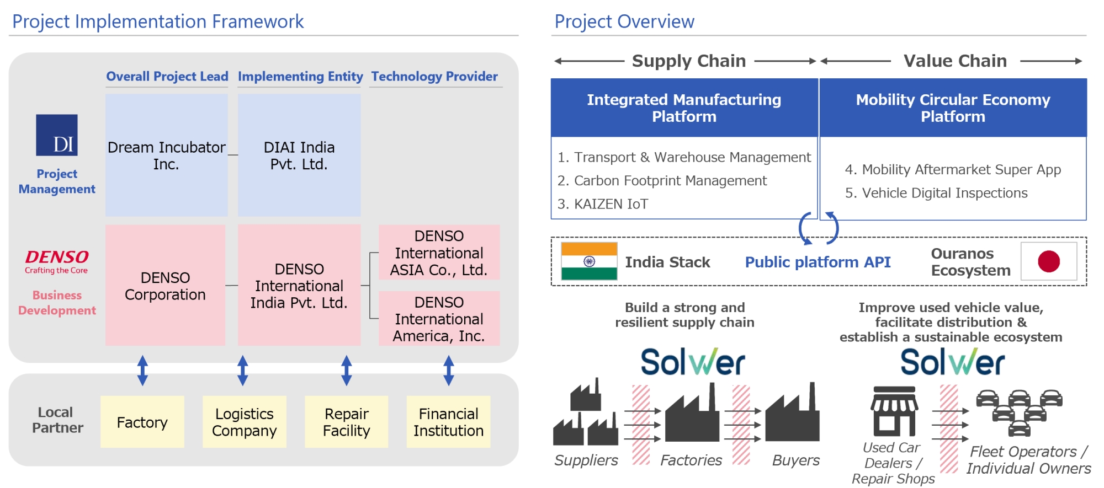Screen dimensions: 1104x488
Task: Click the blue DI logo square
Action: click(57, 135)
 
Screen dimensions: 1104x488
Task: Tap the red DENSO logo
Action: click(57, 261)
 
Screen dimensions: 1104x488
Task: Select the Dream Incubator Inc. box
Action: click(167, 155)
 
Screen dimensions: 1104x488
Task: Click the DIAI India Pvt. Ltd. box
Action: click(299, 155)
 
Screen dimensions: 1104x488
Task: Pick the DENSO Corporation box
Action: click(165, 285)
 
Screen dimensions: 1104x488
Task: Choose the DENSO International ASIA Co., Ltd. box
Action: click(439, 252)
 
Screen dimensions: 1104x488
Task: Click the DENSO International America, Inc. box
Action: click(439, 319)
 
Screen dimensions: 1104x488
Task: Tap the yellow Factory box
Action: click(142, 422)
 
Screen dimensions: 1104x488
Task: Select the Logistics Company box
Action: click(245, 422)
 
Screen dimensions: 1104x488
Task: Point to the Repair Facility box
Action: click(347, 422)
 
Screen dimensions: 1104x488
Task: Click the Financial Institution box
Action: click(449, 422)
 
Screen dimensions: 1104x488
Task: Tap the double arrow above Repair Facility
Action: click(347, 371)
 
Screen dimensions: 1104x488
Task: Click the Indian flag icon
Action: click(589, 261)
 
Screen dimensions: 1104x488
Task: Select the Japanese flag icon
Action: click(1049, 261)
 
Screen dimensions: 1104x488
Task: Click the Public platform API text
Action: click(818, 262)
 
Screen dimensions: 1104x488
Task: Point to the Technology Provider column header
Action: click(434, 76)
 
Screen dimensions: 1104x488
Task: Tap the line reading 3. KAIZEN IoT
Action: click(603, 204)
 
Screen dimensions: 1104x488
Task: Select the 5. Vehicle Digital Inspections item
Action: click(936, 193)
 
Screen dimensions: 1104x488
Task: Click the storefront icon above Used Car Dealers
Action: click(894, 411)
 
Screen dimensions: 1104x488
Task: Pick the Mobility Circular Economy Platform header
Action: click(953, 108)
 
